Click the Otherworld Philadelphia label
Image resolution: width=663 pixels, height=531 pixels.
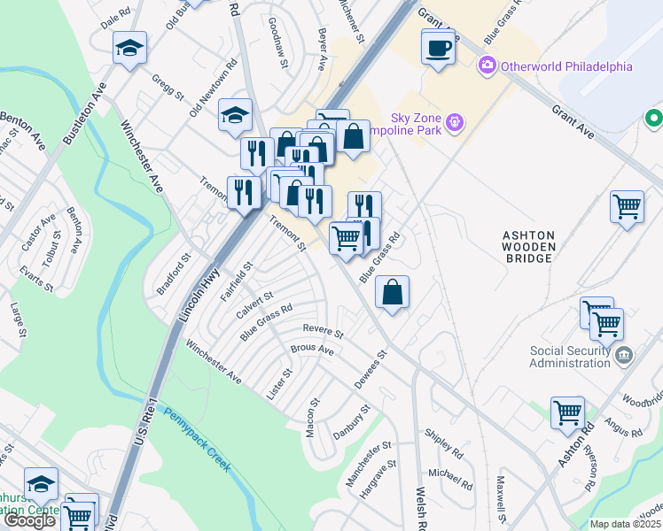[x=566, y=66]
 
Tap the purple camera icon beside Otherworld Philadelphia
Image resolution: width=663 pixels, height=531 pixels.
[x=486, y=65]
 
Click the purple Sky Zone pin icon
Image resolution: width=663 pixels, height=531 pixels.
[x=455, y=120]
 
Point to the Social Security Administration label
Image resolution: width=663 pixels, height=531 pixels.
[x=569, y=357]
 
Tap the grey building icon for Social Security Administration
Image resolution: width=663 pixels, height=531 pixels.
[x=623, y=356]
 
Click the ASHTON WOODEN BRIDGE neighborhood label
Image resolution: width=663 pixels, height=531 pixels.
[x=529, y=247]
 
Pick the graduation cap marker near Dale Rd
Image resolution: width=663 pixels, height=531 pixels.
[x=129, y=50]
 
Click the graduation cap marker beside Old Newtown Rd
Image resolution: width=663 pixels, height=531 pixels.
[x=236, y=116]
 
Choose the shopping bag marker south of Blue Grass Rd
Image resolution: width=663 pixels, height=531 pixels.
[x=392, y=293]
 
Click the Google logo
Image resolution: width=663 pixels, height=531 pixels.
[x=28, y=520]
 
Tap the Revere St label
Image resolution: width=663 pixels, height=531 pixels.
[x=323, y=330]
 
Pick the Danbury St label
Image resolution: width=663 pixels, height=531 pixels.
[x=350, y=424]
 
